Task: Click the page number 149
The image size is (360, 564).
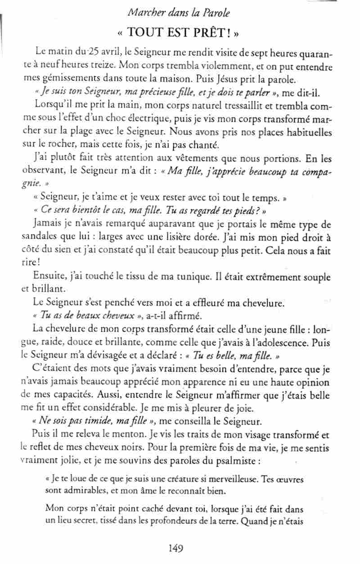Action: point(175,548)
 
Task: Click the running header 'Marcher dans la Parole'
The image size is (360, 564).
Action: point(179,13)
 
